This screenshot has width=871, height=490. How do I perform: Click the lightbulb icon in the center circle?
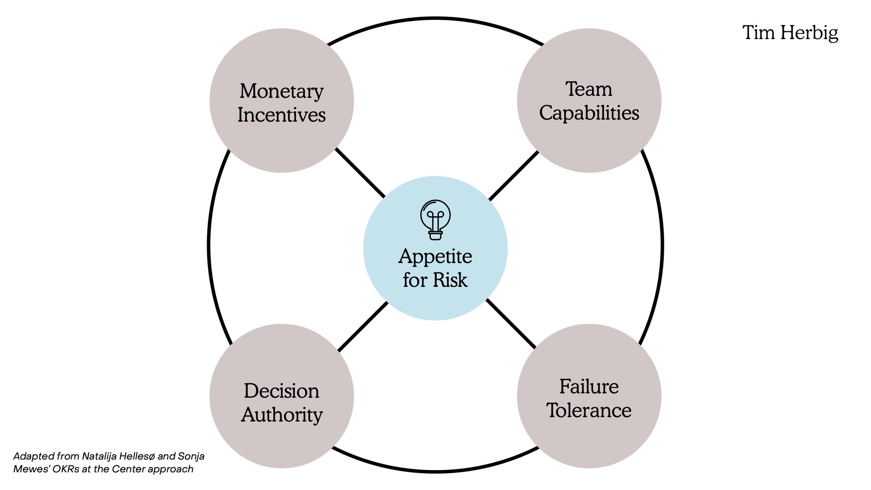click(435, 220)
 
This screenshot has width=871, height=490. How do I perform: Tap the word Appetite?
click(435, 257)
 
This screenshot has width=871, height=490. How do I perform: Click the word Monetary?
click(281, 91)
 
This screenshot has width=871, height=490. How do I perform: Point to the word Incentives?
click(281, 115)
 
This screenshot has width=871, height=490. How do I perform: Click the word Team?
click(589, 89)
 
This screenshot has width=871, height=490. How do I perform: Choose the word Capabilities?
click(589, 113)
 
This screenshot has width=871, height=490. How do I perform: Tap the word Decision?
click(281, 391)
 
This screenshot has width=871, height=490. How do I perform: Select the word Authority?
click(281, 415)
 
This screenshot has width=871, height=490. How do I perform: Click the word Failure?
click(589, 387)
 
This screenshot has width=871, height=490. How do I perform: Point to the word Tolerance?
click(589, 411)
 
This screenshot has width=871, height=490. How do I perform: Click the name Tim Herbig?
click(790, 33)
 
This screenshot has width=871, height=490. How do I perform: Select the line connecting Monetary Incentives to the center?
click(360, 173)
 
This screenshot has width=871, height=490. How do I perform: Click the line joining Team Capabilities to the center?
click(514, 176)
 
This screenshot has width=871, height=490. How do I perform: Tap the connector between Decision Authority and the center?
click(363, 327)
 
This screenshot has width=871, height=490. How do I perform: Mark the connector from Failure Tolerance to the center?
click(511, 323)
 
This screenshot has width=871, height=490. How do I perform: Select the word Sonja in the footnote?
click(191, 456)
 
